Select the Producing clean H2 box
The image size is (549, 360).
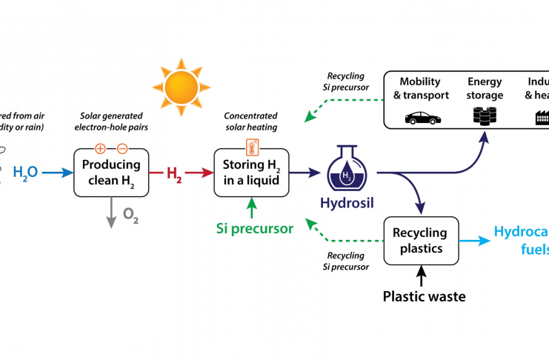(110, 173)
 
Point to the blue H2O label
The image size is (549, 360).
(25, 173)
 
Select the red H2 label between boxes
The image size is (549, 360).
(175, 173)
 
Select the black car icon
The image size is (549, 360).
(420, 116)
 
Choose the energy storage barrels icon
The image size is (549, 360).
(485, 116)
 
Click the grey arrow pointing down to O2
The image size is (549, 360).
(110, 212)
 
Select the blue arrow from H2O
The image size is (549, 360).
(56, 173)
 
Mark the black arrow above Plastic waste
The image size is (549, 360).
(422, 278)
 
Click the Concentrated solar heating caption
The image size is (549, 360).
(250, 121)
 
